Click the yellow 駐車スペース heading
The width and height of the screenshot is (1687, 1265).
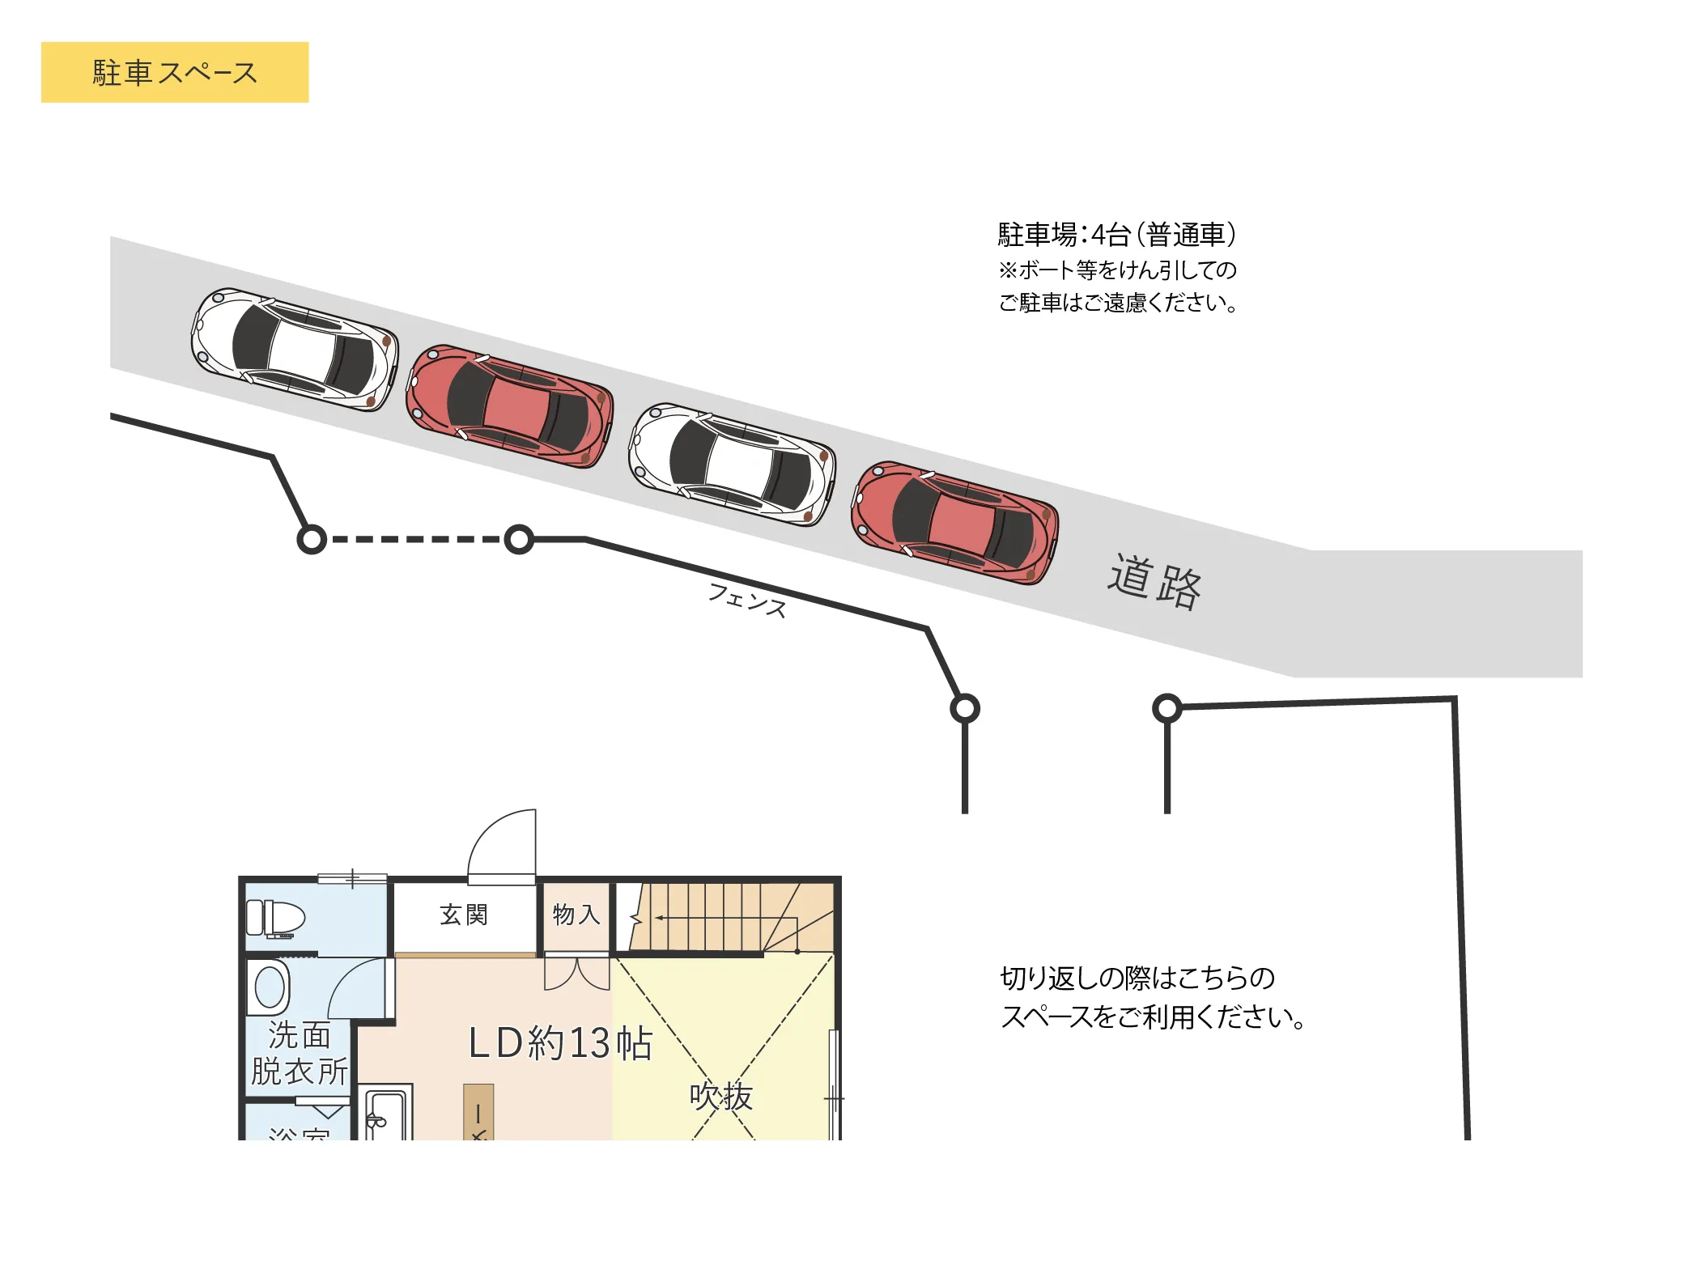175,72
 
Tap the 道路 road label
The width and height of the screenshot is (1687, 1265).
1154,581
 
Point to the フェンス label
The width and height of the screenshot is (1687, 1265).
747,600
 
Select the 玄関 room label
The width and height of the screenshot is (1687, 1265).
464,915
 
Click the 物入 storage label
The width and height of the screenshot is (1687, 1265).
576,915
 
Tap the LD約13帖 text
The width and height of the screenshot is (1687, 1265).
560,1042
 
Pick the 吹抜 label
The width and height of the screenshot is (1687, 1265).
720,1097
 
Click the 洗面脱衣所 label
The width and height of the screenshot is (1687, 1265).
299,1053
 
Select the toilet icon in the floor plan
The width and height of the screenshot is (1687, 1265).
275,919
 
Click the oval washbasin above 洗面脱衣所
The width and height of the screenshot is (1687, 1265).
270,987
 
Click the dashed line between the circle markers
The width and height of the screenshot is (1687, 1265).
415,539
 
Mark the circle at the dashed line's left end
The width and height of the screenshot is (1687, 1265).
312,539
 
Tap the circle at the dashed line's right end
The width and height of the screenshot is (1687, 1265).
519,539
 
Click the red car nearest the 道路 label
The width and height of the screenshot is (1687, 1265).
955,522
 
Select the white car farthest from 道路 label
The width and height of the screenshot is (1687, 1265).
295,350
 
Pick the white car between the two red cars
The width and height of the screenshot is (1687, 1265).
733,465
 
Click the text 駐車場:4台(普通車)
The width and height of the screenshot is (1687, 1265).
1116,235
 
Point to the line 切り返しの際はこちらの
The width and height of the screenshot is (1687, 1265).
1137,978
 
